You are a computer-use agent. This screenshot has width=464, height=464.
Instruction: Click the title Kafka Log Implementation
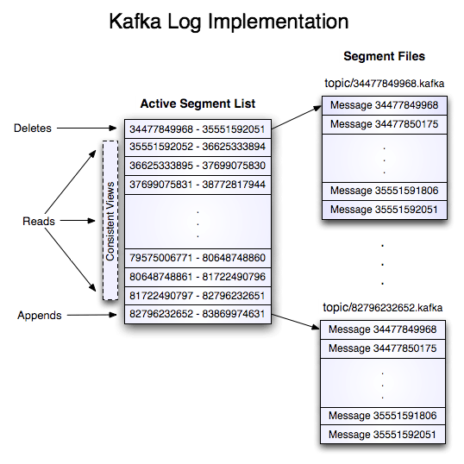[x=229, y=21]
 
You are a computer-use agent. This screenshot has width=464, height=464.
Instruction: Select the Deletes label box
[x=33, y=129]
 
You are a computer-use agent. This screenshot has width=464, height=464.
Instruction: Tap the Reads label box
[x=38, y=222]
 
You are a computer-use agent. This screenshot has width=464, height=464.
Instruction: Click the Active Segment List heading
[x=198, y=104]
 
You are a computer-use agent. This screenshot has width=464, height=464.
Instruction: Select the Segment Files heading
[x=386, y=57]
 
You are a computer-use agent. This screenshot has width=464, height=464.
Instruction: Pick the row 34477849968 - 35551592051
[x=198, y=129]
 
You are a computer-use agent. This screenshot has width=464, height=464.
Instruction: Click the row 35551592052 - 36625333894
[x=198, y=147]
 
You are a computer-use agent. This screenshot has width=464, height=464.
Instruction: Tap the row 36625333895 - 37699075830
[x=198, y=166]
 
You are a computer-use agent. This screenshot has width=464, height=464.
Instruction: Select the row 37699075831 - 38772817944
[x=198, y=184]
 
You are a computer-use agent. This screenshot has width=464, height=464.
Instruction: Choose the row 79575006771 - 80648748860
[x=198, y=258]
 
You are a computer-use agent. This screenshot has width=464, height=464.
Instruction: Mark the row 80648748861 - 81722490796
[x=198, y=277]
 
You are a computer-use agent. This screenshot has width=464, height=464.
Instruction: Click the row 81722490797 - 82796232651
[x=198, y=295]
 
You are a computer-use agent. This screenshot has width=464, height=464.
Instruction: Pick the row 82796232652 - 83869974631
[x=198, y=314]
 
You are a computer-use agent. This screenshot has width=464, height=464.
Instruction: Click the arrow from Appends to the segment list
[x=91, y=315]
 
